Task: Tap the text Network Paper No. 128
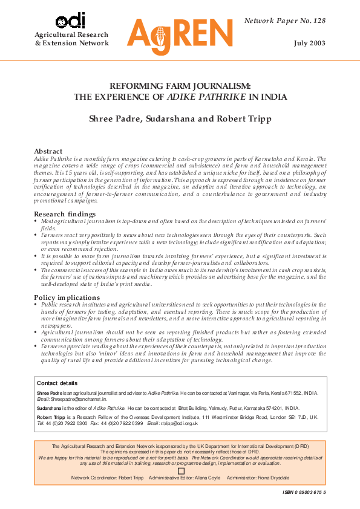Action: [285, 21]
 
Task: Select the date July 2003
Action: [310, 44]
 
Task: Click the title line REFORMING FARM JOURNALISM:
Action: [180, 86]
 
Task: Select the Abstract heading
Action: [48, 151]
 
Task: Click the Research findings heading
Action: [64, 214]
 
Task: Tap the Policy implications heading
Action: [67, 297]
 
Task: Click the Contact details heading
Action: [57, 383]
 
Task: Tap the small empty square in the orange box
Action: [180, 470]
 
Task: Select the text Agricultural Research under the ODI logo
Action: [71, 34]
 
